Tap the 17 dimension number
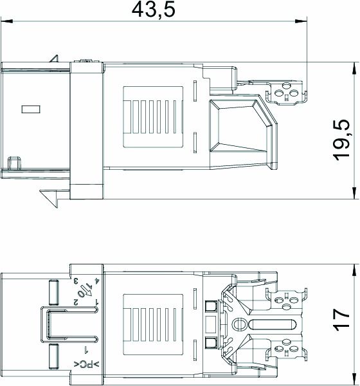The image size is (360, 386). pos(343,318)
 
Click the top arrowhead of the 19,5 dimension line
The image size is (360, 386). pos(354,66)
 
